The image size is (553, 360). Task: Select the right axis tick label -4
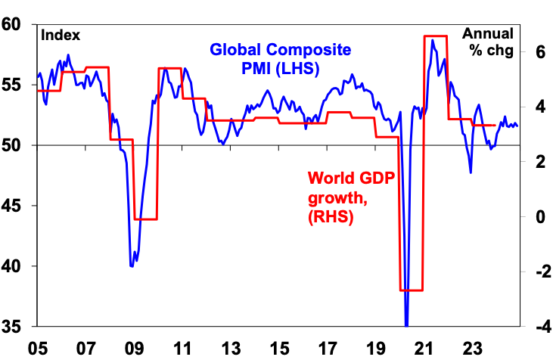click(x=538, y=327)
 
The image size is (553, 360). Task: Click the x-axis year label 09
click(x=135, y=349)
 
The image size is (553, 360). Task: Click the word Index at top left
click(x=60, y=36)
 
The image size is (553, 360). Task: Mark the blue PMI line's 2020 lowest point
click(x=406, y=324)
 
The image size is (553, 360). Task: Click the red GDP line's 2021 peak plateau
click(x=434, y=36)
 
